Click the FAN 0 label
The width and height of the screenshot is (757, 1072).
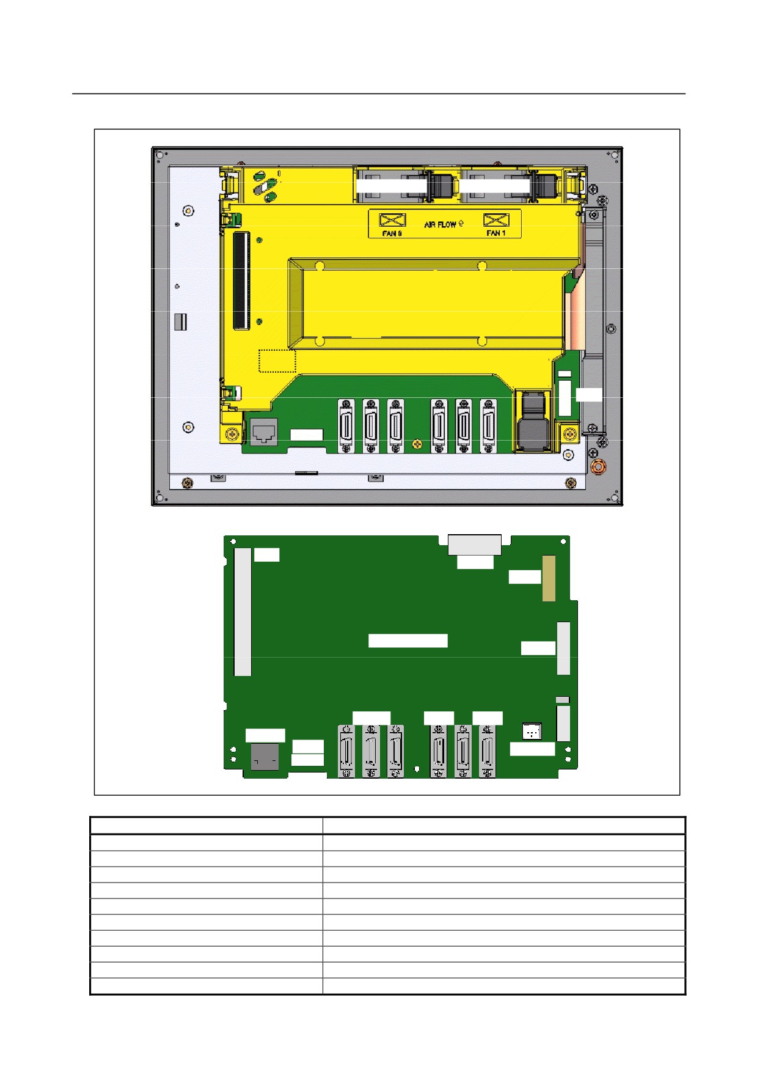(392, 233)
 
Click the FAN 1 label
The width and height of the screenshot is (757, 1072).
(496, 233)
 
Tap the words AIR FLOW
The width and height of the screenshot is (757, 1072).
(440, 224)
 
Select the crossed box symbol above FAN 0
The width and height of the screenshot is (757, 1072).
(392, 220)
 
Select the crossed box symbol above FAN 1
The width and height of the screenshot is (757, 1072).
(496, 220)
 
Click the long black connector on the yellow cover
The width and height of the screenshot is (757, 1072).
(242, 281)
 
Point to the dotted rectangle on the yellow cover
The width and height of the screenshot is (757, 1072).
(277, 361)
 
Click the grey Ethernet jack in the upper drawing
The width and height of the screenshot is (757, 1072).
(264, 432)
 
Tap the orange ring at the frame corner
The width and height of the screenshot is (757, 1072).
(599, 467)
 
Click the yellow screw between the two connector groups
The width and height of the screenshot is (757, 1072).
(417, 444)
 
